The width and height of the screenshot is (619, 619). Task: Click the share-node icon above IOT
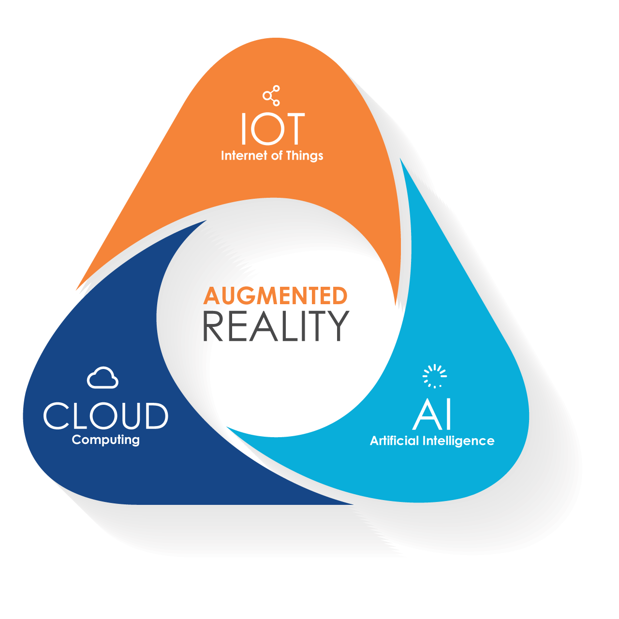click(x=271, y=95)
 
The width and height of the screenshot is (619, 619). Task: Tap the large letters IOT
click(x=273, y=129)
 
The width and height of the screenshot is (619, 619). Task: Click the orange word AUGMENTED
click(x=275, y=296)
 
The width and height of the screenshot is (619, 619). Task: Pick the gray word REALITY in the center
click(x=276, y=326)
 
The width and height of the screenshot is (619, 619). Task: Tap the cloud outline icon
click(x=103, y=378)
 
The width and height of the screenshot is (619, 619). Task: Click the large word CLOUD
click(x=106, y=416)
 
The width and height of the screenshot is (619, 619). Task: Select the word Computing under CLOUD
click(x=106, y=440)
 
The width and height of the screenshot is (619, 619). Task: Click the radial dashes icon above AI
click(x=435, y=376)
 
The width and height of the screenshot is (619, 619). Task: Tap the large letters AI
click(x=432, y=414)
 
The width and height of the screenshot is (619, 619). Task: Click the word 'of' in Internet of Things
click(x=277, y=156)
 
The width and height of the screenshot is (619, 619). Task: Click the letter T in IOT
click(x=294, y=129)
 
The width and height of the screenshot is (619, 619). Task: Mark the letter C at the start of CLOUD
click(x=56, y=416)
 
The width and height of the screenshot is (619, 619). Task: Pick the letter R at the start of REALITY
click(x=213, y=326)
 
